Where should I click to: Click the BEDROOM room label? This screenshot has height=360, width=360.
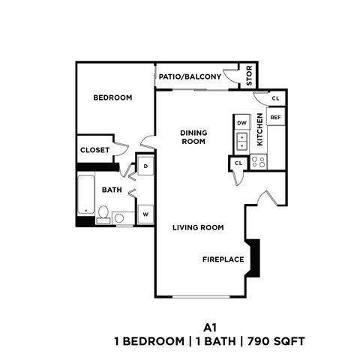112,97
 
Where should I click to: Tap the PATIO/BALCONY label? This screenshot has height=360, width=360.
190,76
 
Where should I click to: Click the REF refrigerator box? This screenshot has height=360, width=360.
275,118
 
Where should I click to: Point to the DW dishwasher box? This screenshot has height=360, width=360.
241,122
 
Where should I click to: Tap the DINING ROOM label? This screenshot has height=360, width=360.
193,136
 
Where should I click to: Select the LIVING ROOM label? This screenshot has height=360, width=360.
198,227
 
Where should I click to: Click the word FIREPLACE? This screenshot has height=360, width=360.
223,259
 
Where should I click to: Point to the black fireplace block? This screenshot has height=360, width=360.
255,257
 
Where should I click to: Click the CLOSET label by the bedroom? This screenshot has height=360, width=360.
94,150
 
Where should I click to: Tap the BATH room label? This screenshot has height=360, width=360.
112,190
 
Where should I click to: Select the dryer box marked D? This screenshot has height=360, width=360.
145,165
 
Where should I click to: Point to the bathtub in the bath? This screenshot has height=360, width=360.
85,196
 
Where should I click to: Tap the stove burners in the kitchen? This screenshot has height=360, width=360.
259,161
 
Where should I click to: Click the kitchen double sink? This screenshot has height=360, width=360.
241,139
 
